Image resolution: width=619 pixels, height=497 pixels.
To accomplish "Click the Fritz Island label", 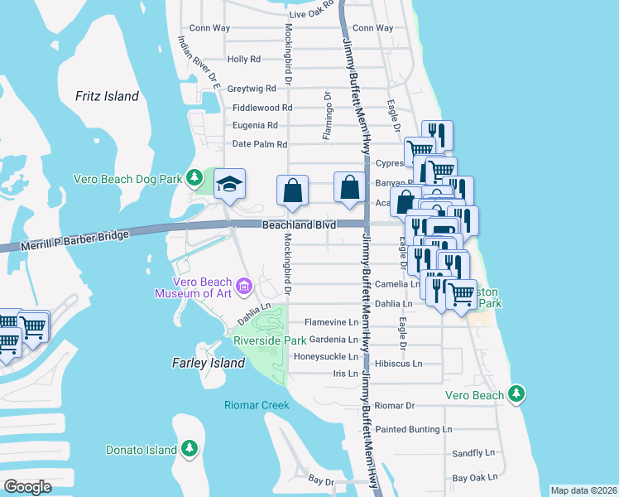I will pos(107,96).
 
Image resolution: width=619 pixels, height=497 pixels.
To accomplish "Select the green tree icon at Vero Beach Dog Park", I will pos(194,177).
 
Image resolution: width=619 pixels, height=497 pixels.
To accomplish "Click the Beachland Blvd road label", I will pos(299,224).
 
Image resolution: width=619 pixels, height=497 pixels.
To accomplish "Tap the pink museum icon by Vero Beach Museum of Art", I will pos(243,287).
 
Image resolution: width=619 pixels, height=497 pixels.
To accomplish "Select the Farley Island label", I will pos(208,363).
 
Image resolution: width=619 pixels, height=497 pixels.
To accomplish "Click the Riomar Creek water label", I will pos(257,405).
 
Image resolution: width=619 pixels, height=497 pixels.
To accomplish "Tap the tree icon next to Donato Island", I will pos(190,449).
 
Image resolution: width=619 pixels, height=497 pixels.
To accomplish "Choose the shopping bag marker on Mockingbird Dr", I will pos(292,191).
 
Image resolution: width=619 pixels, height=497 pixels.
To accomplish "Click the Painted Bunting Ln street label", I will pos(413,429).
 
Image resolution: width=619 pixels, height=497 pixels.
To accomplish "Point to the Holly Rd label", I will pos(243,60).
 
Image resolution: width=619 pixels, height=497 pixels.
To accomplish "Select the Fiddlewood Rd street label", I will pos(262,108).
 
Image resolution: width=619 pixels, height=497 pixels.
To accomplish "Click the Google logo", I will pos(28,486).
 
